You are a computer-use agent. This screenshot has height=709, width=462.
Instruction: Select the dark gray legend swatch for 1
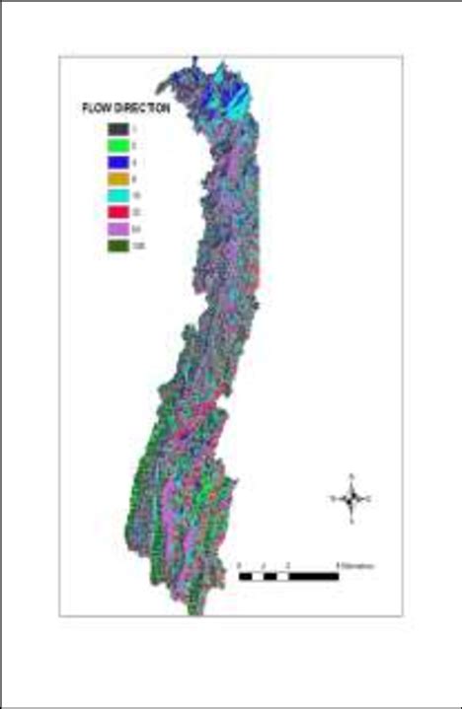pyautogui.click(x=117, y=128)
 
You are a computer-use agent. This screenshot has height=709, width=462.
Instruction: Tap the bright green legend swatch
pyautogui.click(x=117, y=145)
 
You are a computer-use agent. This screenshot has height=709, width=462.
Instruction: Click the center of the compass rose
pyautogui.click(x=351, y=498)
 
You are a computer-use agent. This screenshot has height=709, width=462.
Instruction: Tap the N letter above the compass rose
pyautogui.click(x=351, y=478)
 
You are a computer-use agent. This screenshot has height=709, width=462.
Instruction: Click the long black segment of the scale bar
pyautogui.click(x=313, y=575)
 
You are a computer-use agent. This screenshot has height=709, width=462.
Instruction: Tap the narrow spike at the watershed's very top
pyautogui.click(x=195, y=59)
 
